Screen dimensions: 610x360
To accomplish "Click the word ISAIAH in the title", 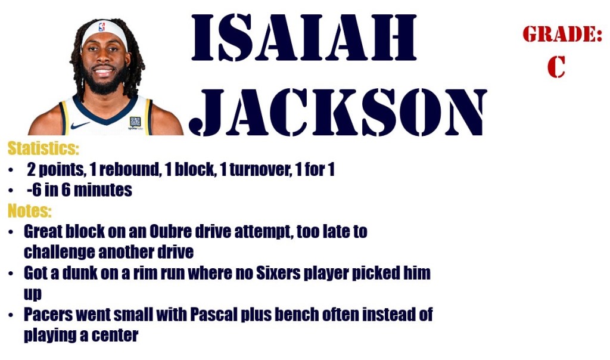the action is click(x=304, y=38).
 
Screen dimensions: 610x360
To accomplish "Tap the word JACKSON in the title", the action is click(x=338, y=113).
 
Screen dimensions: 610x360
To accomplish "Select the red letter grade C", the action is click(x=556, y=67).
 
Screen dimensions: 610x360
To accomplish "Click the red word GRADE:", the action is click(x=562, y=34).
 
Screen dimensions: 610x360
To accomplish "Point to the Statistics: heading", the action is click(x=43, y=148).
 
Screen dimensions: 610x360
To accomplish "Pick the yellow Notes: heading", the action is click(x=30, y=210).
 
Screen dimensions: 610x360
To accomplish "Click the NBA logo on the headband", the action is click(x=102, y=27).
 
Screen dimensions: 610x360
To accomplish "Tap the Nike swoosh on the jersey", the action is click(x=80, y=125).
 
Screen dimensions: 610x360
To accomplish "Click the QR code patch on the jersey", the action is click(x=135, y=122).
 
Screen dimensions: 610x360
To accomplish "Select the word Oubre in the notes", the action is click(x=170, y=232).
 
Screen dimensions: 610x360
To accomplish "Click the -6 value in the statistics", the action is click(x=34, y=190).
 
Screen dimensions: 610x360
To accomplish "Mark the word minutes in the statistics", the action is click(x=102, y=190).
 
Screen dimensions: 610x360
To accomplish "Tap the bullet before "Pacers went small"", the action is click(x=11, y=315).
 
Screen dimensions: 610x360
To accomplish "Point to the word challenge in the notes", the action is click(x=59, y=252).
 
